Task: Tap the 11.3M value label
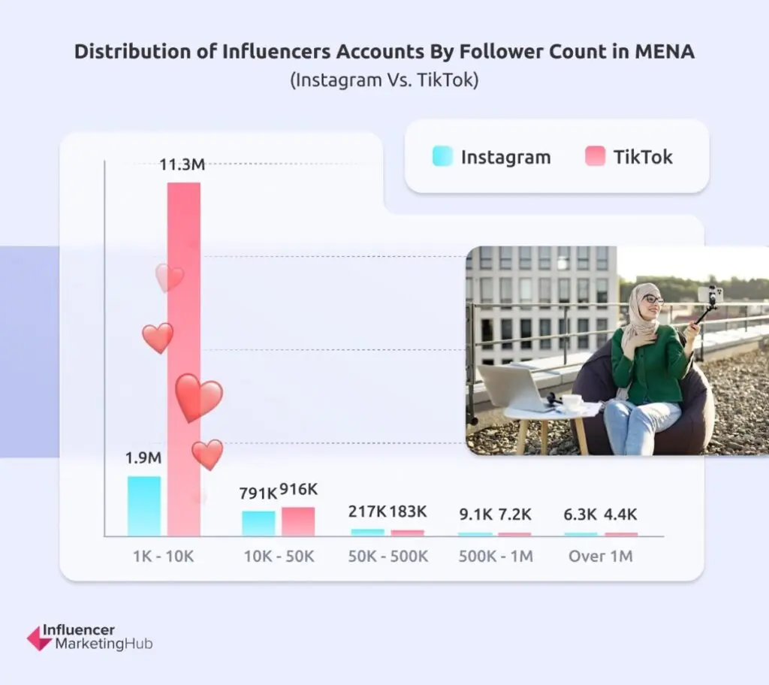[182, 164]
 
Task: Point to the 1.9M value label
[143, 457]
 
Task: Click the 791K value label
[258, 493]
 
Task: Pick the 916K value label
[299, 490]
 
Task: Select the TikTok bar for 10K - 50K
[298, 521]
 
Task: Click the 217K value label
[367, 511]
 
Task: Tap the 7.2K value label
[515, 515]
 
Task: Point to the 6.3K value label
[581, 515]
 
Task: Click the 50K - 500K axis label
[388, 557]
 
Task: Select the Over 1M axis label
[601, 557]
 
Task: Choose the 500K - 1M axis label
[496, 557]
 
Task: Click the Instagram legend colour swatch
[442, 156]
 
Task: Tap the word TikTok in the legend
[643, 157]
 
